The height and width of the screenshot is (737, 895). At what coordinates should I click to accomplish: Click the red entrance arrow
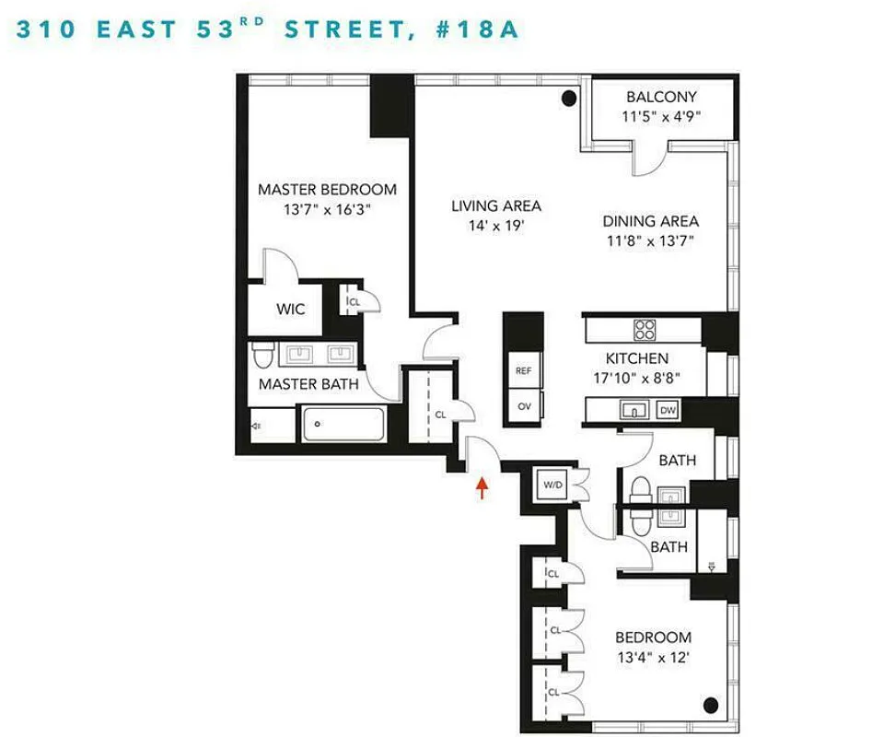(481, 486)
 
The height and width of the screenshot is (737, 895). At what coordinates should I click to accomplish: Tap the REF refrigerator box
(523, 370)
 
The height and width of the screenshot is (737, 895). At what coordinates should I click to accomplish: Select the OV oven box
(523, 405)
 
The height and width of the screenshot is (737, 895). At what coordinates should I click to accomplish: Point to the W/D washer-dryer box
(553, 484)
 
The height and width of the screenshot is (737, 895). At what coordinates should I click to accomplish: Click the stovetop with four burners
(644, 330)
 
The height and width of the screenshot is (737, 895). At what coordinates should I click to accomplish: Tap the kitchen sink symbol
(634, 410)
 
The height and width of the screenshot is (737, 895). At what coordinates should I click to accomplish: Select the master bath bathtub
(343, 425)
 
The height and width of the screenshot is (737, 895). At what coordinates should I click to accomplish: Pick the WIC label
(291, 310)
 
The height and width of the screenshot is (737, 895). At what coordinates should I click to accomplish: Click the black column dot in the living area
(569, 96)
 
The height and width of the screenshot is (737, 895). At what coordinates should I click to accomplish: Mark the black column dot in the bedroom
(711, 706)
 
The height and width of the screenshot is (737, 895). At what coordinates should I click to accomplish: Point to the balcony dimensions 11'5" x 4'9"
(661, 117)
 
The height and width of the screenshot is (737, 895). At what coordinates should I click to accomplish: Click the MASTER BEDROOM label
(327, 190)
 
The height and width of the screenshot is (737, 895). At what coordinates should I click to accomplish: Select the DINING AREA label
(650, 221)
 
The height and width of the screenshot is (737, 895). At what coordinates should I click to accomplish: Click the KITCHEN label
(637, 358)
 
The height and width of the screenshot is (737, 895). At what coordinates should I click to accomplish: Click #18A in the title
(476, 29)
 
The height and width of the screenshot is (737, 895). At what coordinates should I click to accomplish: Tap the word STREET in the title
(343, 29)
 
